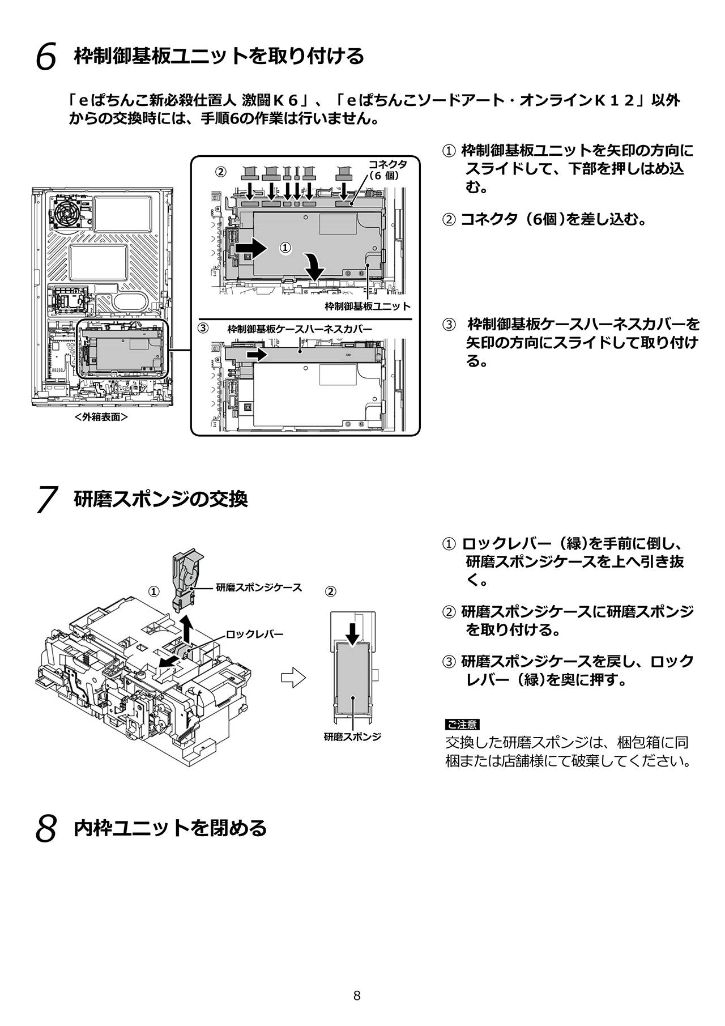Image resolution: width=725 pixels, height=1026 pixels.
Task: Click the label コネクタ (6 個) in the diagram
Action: point(388,169)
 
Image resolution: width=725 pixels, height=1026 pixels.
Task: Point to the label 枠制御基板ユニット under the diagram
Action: point(368,306)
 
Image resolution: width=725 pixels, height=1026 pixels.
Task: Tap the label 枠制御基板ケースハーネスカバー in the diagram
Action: point(300,329)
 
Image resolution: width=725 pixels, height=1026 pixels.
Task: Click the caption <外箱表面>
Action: point(100,417)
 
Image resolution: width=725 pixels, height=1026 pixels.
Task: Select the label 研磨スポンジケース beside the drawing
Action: point(259,587)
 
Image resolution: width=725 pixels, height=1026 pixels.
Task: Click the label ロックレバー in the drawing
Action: point(254,634)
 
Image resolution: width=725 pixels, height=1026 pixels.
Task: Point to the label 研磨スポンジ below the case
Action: point(352,737)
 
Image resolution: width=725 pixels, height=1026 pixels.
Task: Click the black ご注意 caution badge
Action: point(462,724)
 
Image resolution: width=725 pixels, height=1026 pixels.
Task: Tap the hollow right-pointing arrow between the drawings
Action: point(293,678)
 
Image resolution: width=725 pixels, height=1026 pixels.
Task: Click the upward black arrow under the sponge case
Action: point(187,627)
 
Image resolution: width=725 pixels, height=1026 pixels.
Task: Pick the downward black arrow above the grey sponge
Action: point(352,633)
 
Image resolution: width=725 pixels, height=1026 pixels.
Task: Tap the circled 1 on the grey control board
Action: point(285,248)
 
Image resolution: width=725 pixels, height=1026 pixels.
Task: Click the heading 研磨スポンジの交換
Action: point(161,499)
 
